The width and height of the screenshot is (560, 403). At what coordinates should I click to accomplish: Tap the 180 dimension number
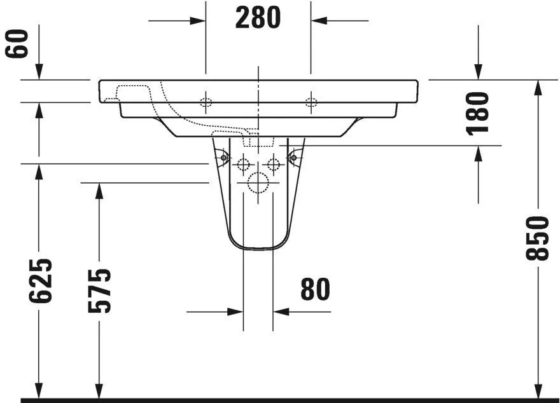tap(477, 113)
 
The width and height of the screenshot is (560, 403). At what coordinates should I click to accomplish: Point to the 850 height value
tap(538, 238)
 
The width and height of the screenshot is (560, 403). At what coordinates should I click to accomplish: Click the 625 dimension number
tap(39, 280)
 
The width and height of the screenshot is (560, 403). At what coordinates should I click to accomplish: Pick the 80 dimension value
tap(315, 289)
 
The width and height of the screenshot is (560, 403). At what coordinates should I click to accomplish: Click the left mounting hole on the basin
tap(206, 102)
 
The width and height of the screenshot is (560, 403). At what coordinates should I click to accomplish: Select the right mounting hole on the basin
tap(311, 102)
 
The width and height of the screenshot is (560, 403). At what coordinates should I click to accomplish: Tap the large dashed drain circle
tap(258, 183)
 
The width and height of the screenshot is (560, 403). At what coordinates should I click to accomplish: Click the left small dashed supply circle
tap(242, 165)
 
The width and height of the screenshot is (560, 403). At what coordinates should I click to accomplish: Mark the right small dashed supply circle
tap(274, 165)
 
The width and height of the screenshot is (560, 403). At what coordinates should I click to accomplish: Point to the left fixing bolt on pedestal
tap(223, 156)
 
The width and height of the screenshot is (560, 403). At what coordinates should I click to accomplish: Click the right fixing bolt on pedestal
tap(293, 156)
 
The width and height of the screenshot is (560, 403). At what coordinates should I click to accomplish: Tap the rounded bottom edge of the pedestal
tap(258, 249)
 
